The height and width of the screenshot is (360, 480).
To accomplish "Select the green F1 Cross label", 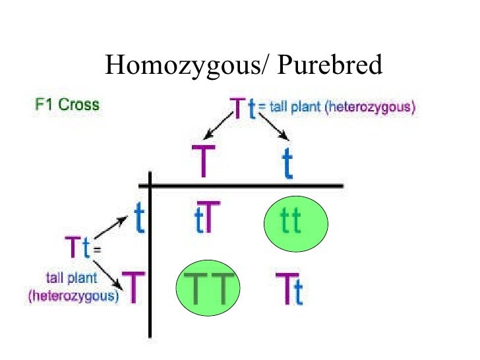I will coord(67,104).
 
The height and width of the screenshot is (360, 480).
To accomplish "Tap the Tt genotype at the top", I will coord(242,108).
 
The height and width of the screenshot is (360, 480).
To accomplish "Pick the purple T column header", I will coord(202,161).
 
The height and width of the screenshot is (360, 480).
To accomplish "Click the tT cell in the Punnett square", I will coord(204,220).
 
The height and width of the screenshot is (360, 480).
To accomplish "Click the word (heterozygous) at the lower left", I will coord(73,297).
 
